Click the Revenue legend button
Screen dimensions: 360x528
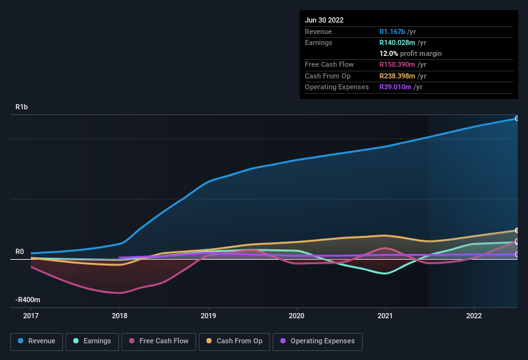[37, 341]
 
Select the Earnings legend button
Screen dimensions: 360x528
[92, 341]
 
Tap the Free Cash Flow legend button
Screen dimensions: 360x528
[158, 341]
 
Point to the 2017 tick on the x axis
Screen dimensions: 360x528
[31, 316]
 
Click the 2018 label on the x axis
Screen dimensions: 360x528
[120, 316]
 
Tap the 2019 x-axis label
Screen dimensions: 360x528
[208, 316]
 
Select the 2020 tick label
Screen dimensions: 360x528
[296, 316]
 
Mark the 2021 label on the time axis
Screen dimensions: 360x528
[385, 316]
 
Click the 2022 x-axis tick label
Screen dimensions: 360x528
[474, 316]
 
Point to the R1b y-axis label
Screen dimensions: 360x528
[22, 107]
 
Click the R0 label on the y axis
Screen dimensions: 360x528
[20, 252]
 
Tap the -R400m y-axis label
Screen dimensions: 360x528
[28, 300]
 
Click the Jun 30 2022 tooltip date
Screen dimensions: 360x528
[324, 20]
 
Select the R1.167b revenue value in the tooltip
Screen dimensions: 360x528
[393, 32]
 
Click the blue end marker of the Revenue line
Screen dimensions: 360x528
[516, 118]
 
